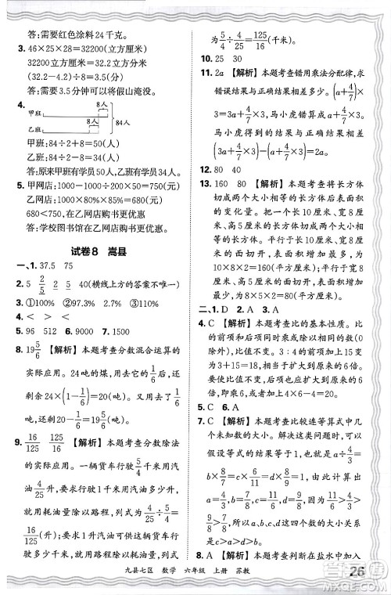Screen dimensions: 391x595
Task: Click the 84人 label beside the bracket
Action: click(122, 122)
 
